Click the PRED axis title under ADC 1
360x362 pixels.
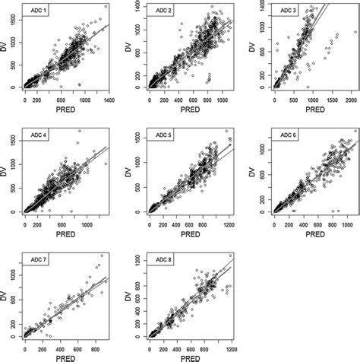coord(68,109)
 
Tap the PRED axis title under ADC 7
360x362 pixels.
coord(68,357)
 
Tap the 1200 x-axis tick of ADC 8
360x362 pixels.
coord(230,348)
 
